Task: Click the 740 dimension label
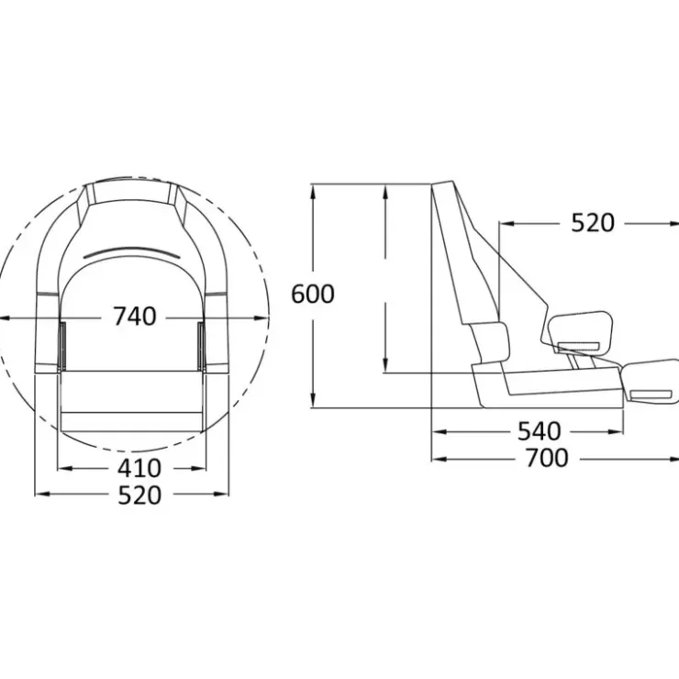point(135,317)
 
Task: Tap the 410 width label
point(139,468)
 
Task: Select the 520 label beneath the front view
point(139,495)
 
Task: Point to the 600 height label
point(313,294)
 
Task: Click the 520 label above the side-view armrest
point(593,223)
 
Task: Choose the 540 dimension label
point(540,431)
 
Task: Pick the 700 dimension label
point(547,458)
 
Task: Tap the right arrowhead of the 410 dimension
point(198,468)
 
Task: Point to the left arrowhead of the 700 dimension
point(440,459)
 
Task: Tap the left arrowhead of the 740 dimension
point(6,318)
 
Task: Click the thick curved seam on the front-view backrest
point(130,252)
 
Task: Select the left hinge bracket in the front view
point(62,346)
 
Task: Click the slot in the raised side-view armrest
point(579,346)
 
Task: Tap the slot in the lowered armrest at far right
point(651,395)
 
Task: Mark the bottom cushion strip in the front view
point(132,422)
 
